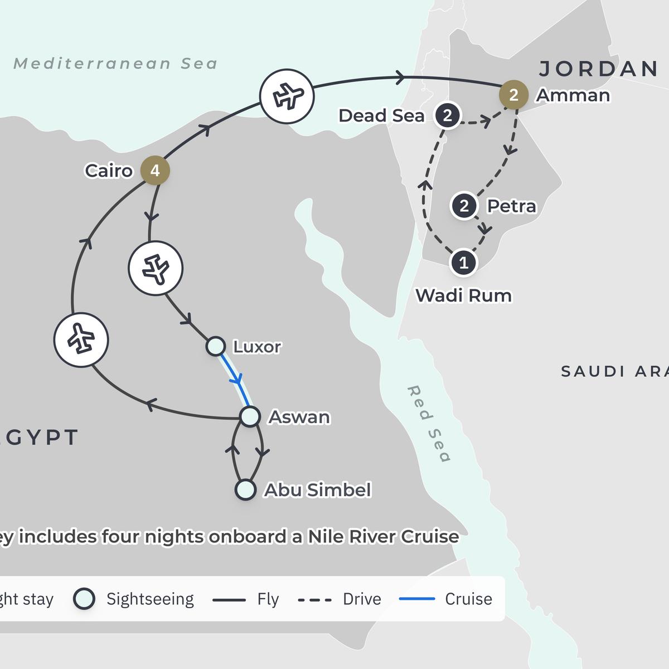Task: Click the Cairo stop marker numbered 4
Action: click(x=155, y=170)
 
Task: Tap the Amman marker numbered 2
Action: click(x=513, y=95)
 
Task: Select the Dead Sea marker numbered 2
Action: click(x=447, y=115)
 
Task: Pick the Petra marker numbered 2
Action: click(x=464, y=206)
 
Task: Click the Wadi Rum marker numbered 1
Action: click(x=463, y=262)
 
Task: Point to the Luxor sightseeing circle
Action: click(x=216, y=346)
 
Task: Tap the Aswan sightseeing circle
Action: click(x=250, y=416)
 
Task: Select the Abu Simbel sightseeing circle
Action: click(x=245, y=490)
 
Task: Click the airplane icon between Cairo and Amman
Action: click(x=287, y=96)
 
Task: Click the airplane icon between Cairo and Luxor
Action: click(x=156, y=268)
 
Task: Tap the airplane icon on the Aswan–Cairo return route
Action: click(x=81, y=340)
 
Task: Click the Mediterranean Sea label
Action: click(x=115, y=64)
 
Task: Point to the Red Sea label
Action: click(x=429, y=424)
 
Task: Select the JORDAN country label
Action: click(x=599, y=69)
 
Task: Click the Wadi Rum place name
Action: click(x=463, y=295)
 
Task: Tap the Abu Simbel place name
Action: click(x=317, y=490)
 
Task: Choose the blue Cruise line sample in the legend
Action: click(x=417, y=599)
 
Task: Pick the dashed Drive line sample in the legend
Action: click(x=315, y=600)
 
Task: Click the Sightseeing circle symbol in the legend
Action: click(x=84, y=599)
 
